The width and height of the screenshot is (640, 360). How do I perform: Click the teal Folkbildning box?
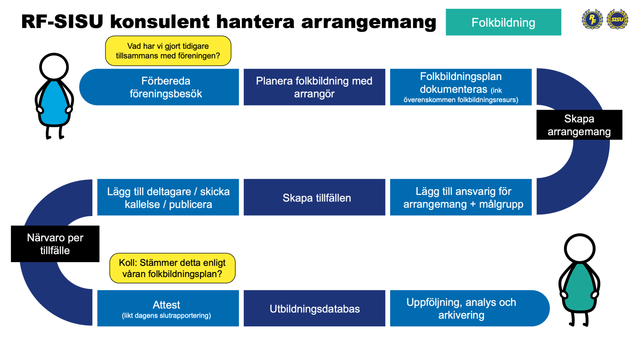click(503, 22)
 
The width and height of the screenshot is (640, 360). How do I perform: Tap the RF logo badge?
click(592, 19)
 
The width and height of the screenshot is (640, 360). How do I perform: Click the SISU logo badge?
click(617, 19)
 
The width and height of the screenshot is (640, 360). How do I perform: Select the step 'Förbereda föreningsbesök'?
click(165, 87)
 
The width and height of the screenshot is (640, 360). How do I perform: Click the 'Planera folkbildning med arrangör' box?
click(314, 87)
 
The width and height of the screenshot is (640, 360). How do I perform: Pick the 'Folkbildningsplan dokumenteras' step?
click(461, 87)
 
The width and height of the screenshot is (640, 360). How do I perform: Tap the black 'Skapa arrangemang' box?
click(579, 125)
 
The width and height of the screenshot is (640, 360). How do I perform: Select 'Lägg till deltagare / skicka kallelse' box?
click(168, 197)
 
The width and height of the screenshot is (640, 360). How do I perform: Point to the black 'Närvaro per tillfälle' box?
click(55, 244)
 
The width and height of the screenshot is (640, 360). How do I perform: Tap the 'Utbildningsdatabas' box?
click(314, 308)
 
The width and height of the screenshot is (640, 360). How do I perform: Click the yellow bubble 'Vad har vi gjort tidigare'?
click(168, 51)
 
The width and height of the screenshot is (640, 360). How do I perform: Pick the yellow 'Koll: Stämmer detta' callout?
click(172, 268)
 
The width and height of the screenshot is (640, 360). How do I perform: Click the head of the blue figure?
click(54, 67)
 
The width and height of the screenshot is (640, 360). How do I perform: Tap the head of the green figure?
click(579, 248)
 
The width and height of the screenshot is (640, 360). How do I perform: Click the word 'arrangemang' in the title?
click(368, 22)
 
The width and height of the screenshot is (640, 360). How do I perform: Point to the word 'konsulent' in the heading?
click(160, 21)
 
